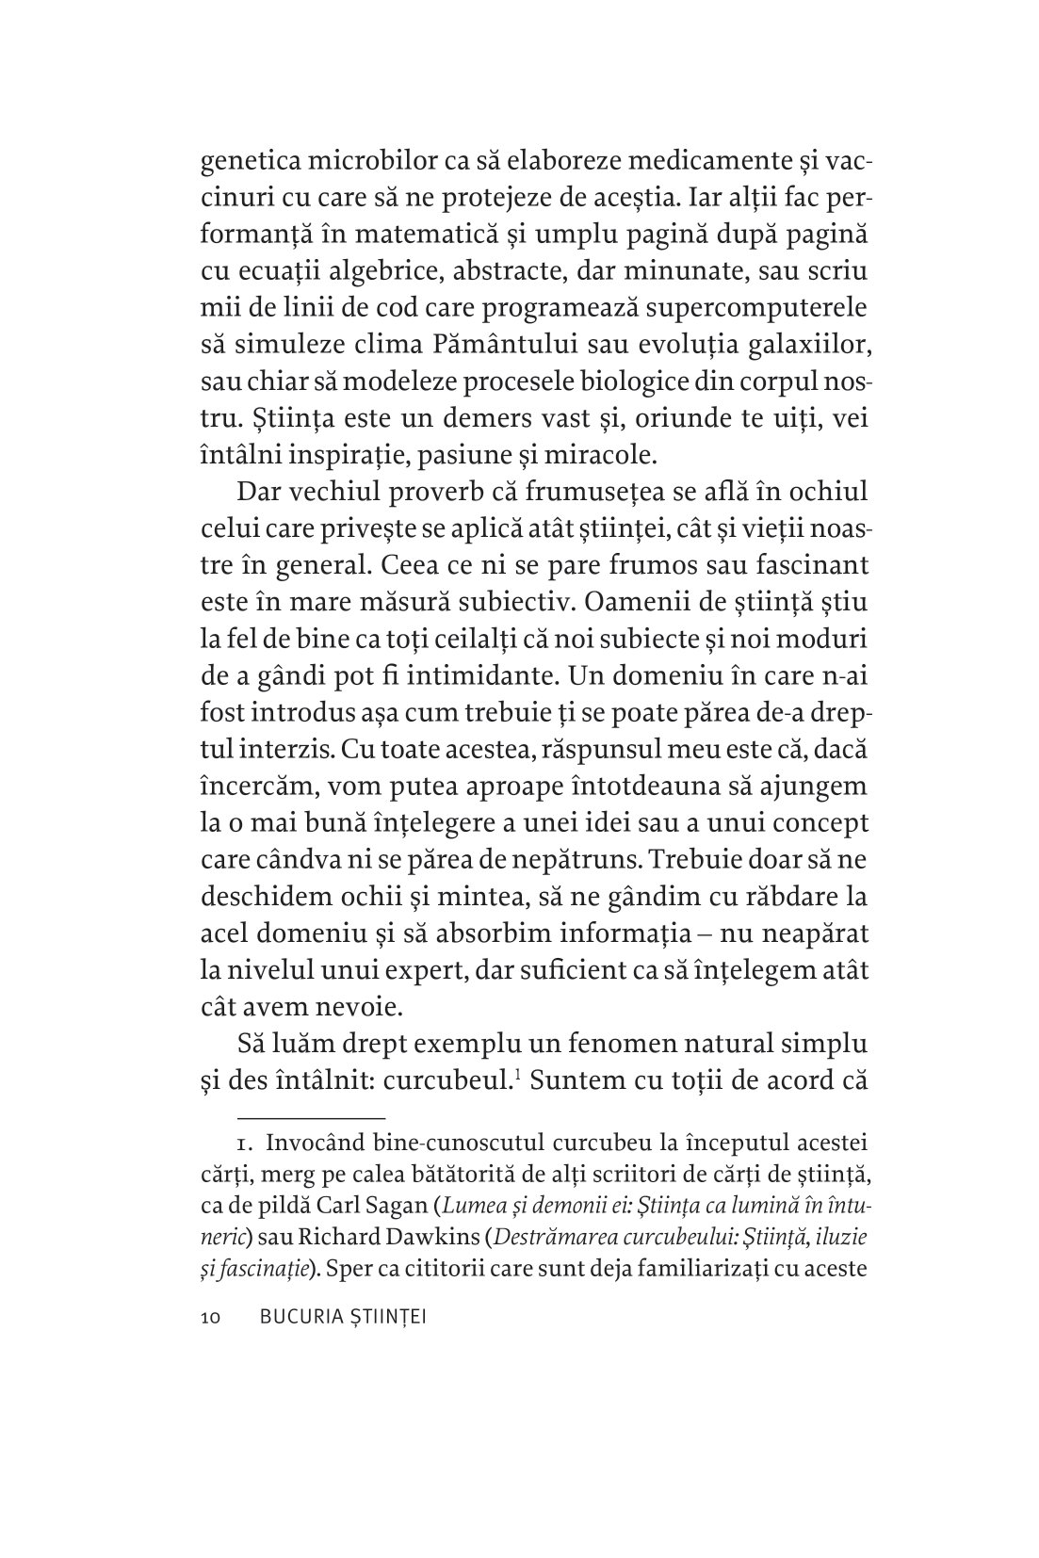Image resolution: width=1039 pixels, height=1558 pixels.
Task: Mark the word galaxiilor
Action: coord(812,345)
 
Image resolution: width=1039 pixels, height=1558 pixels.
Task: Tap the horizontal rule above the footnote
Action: coord(294,1118)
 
